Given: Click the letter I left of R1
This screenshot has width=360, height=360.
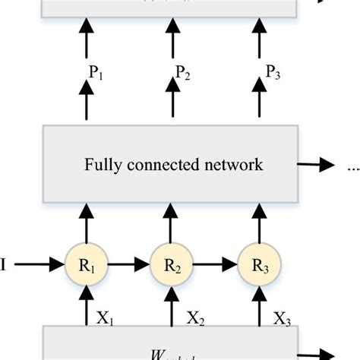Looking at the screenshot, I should pos(6,264).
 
